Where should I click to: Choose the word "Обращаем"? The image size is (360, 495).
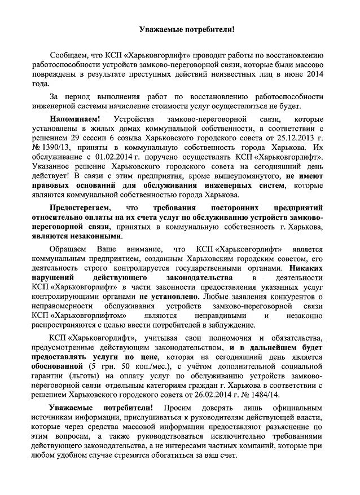[x=67, y=250]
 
